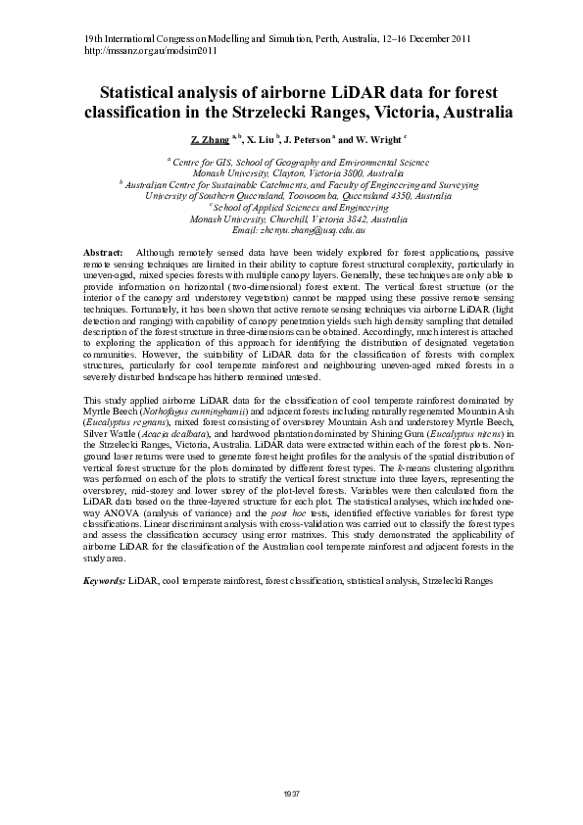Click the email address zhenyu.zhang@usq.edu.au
[x=291, y=229]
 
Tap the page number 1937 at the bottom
[x=291, y=791]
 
